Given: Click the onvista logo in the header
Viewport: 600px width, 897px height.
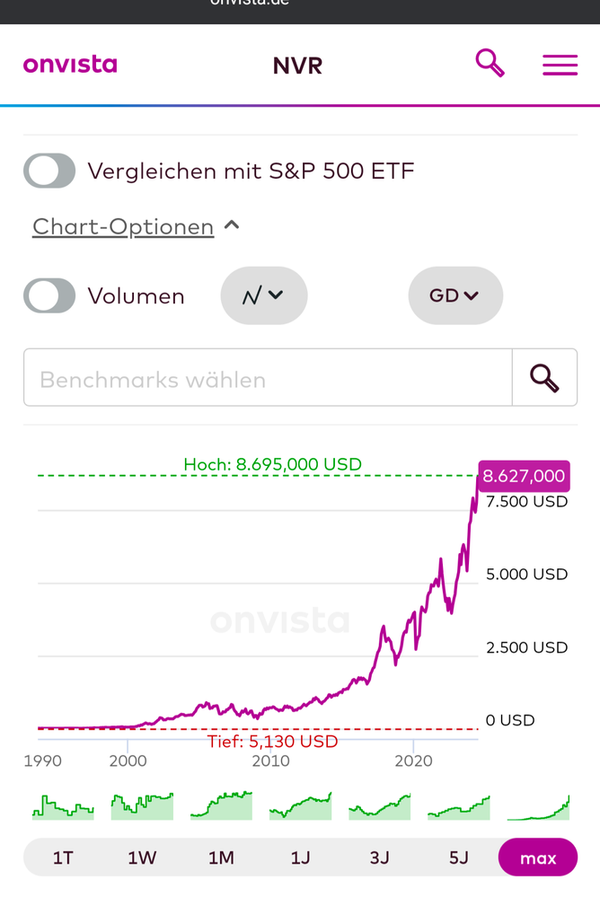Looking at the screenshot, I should coord(70,65).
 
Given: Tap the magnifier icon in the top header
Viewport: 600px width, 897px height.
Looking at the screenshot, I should coord(490,63).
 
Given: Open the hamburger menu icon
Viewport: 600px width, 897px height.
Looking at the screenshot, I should coord(560,65).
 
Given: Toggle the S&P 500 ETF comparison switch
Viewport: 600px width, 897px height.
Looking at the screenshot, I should coord(49,171).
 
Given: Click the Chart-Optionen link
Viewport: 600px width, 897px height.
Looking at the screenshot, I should coord(123,226).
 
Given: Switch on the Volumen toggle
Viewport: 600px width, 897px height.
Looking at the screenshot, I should coord(49,295).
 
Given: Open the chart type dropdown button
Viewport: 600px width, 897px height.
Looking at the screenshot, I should coord(264,295).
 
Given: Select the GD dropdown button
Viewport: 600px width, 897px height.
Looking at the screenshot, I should coord(455,295).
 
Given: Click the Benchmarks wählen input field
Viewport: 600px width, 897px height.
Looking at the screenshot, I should coord(268,378).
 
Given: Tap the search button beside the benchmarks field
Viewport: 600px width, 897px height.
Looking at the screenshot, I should coord(544,378).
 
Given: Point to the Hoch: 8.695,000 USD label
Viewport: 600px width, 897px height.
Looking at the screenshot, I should coord(272,464).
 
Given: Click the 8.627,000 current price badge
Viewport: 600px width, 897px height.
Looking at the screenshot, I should coord(524,476).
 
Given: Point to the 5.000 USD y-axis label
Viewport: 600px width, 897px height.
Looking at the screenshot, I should coord(526,574).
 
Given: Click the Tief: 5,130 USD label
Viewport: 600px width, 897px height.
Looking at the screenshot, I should coord(272,742).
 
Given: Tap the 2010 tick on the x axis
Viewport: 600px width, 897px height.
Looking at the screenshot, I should coord(270,761).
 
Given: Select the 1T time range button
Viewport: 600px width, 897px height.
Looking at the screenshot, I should coord(63,857).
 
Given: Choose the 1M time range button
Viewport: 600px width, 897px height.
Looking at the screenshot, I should coord(221,857).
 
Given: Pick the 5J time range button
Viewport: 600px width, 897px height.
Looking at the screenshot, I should coord(459,857).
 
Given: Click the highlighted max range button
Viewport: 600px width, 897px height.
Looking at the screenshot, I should coord(538,857).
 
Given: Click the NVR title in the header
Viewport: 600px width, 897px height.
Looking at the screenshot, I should coord(297,66).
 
